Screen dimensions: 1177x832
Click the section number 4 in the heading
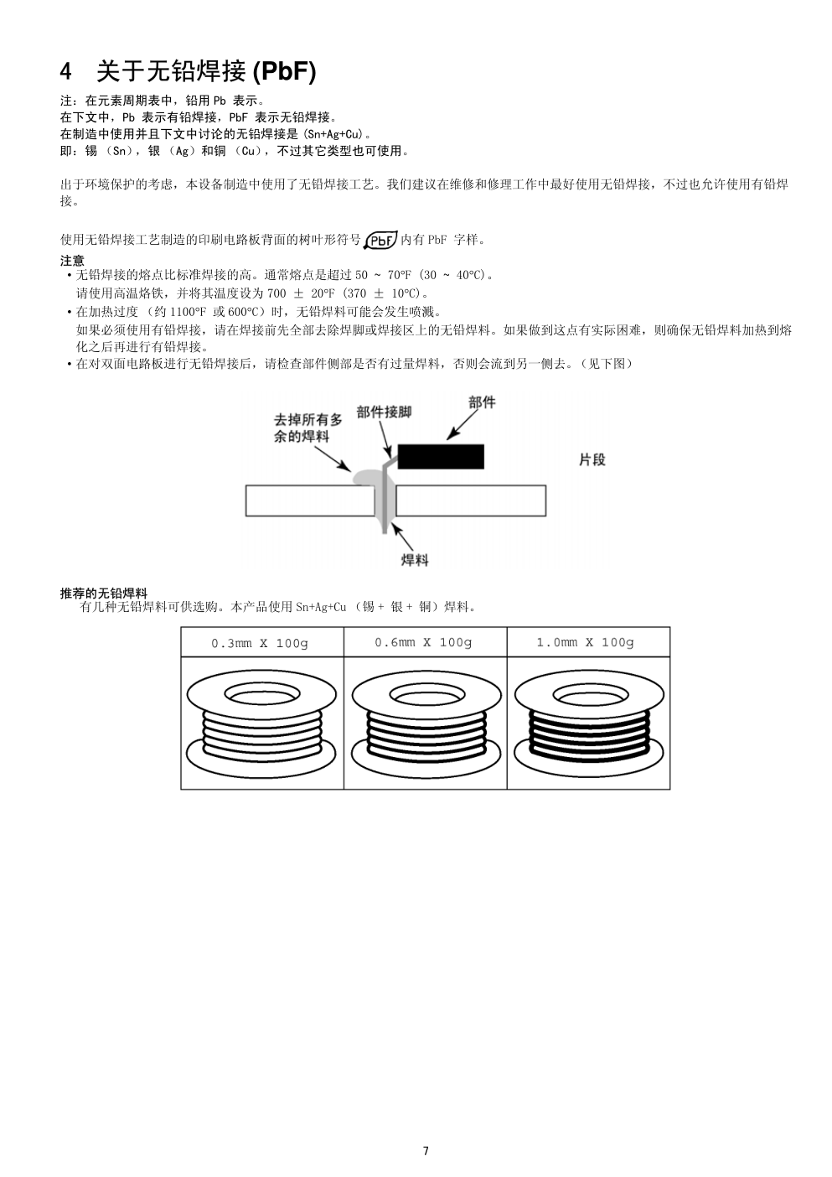click(x=67, y=72)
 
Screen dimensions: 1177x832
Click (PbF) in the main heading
click(x=284, y=72)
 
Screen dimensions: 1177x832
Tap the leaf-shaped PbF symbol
click(x=380, y=240)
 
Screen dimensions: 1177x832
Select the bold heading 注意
click(x=72, y=261)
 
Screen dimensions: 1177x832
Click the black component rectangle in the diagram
click(x=441, y=457)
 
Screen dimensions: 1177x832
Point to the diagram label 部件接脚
click(x=384, y=412)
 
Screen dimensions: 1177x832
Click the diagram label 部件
click(x=482, y=402)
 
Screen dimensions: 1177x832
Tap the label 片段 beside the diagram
click(x=592, y=459)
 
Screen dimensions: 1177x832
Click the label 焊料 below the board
click(x=415, y=559)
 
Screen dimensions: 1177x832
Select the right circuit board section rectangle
click(x=470, y=500)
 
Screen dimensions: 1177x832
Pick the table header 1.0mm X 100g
click(x=586, y=642)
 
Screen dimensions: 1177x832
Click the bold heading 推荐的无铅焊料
click(x=104, y=594)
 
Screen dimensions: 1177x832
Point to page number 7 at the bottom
click(x=426, y=1150)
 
